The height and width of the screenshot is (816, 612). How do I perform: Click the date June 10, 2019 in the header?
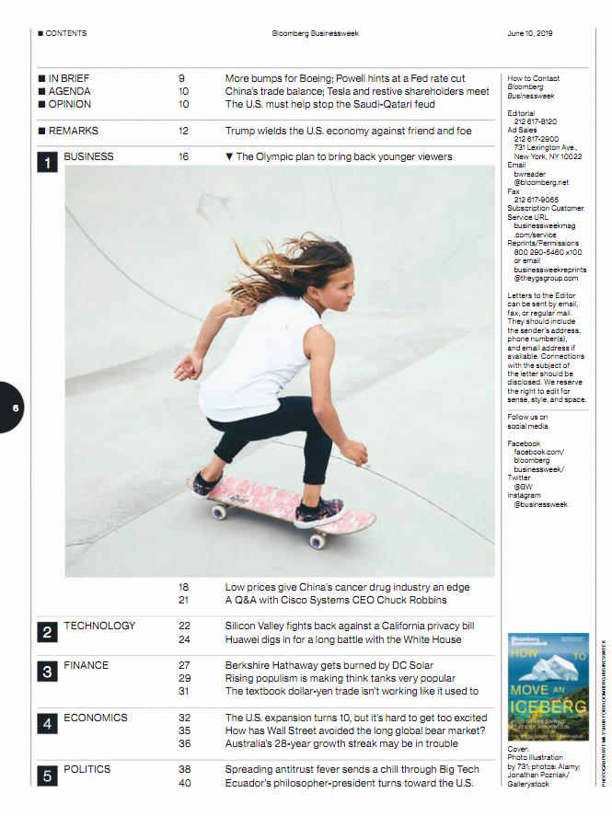529,33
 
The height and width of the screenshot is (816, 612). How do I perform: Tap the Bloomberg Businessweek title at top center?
315,33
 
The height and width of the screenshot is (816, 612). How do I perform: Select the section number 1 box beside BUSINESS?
48,163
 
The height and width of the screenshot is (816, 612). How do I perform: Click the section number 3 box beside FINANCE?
48,672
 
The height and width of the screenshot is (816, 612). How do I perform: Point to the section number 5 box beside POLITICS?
48,776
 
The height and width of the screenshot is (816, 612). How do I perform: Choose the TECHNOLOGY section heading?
99,626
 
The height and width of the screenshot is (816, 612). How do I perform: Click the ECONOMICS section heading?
96,718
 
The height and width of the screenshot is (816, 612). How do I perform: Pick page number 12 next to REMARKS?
183,131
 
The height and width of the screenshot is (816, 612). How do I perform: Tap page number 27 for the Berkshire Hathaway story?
184,665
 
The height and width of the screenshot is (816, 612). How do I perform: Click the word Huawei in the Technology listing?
244,639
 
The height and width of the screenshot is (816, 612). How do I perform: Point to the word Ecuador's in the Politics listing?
249,783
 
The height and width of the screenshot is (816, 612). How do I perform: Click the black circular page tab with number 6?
14,408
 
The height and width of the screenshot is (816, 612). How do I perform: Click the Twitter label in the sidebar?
519,478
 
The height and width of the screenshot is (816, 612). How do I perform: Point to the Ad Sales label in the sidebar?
522,130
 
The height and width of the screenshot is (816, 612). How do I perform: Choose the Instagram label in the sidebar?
525,495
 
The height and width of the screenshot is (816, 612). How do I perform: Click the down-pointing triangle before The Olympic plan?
230,156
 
